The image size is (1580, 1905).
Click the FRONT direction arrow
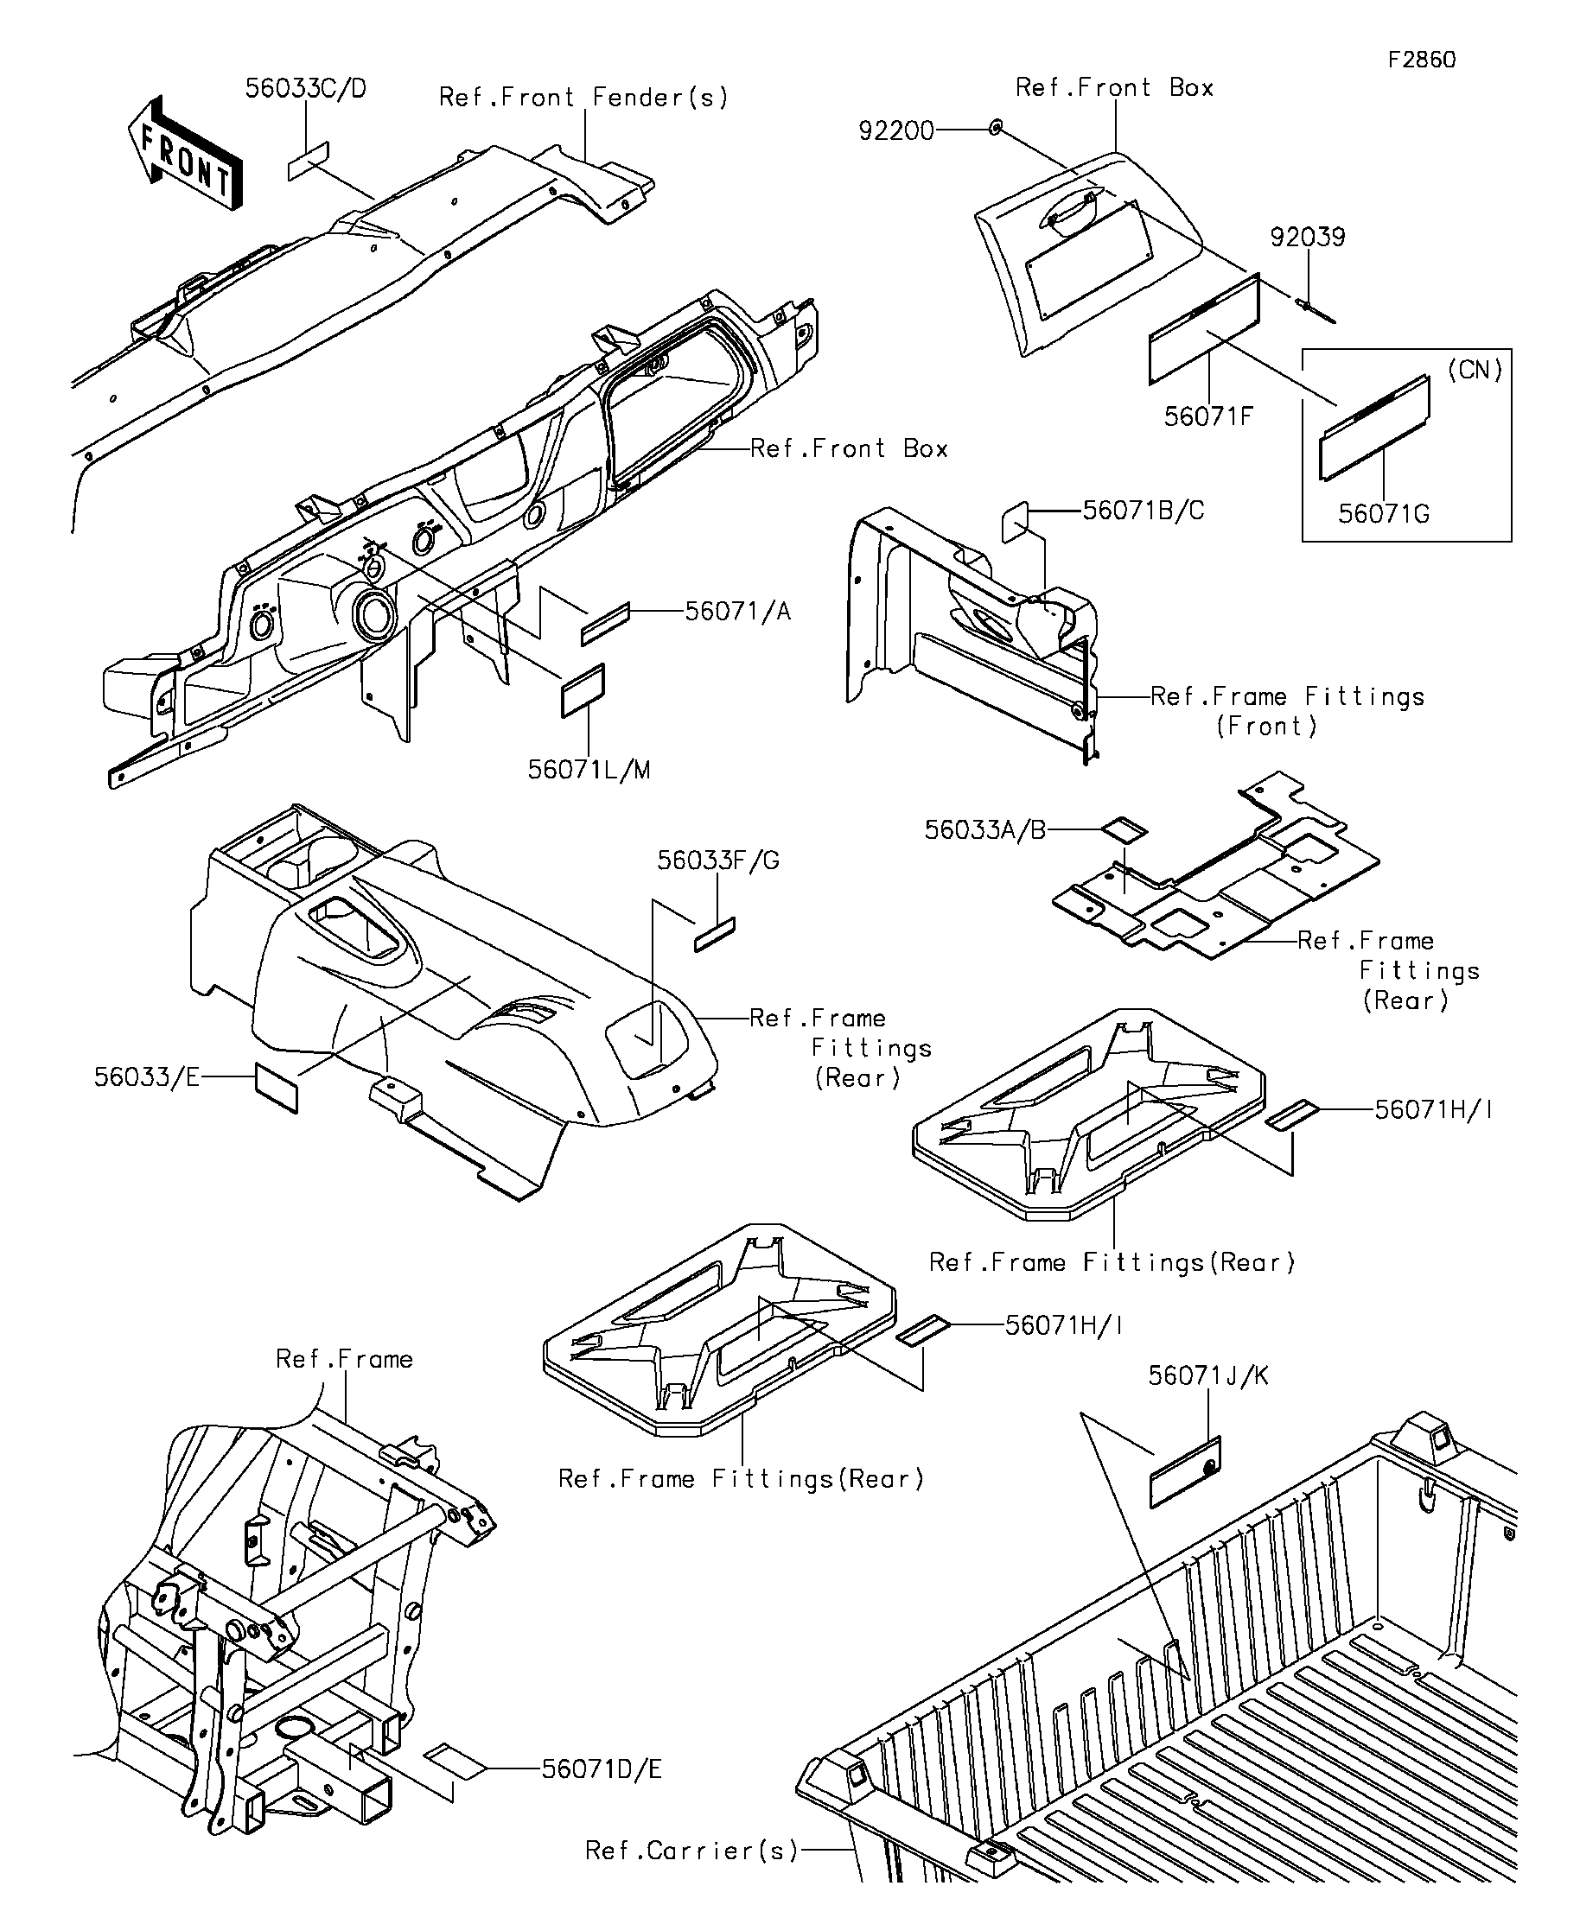tap(186, 154)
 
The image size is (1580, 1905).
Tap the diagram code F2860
tap(1421, 60)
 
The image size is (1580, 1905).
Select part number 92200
tap(895, 131)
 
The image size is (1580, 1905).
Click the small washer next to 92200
tap(996, 129)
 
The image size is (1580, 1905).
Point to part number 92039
tap(1307, 238)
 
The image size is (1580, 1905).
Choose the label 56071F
tap(1208, 416)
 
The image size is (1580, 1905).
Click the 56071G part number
tap(1383, 514)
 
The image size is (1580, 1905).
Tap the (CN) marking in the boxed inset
tap(1475, 370)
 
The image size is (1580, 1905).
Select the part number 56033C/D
tap(306, 90)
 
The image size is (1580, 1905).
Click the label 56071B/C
tap(1144, 511)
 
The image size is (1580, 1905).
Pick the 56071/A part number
tap(737, 612)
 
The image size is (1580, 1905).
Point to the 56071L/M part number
tap(589, 770)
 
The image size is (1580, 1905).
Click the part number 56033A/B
tap(984, 830)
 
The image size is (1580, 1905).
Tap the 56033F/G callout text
tap(718, 860)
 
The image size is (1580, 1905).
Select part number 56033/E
tap(146, 1076)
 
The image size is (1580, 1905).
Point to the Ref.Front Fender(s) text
tap(583, 98)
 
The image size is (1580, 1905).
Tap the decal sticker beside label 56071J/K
tap(1185, 1472)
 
